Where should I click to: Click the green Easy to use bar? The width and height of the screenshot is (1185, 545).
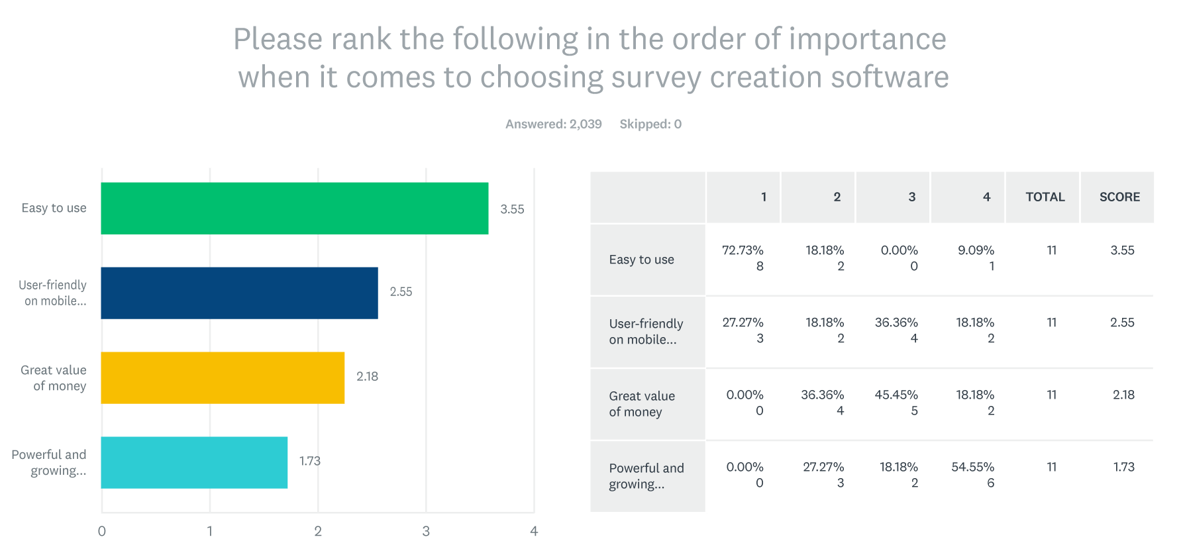[295, 208]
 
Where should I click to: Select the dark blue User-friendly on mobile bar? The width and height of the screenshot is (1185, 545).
[239, 293]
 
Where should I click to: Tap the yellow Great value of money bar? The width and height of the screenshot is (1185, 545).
[223, 377]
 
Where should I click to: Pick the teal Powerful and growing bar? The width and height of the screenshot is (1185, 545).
[194, 462]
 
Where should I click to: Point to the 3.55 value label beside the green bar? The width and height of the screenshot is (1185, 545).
[512, 209]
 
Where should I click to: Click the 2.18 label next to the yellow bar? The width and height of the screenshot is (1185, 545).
[367, 376]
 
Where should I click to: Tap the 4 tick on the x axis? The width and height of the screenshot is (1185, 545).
[534, 531]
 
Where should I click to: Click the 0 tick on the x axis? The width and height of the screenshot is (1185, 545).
[101, 531]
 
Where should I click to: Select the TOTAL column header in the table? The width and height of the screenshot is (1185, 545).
[1045, 197]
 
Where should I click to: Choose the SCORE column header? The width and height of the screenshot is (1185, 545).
[1119, 197]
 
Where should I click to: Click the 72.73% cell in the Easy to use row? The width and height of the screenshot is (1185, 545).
[743, 251]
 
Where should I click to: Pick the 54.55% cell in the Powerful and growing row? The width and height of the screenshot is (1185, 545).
[972, 468]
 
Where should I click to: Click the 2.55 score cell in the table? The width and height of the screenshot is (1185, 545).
[1122, 322]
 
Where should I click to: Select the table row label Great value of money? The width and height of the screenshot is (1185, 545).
[641, 404]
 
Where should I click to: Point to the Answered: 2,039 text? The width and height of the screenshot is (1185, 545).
[553, 124]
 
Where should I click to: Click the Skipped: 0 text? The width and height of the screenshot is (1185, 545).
[650, 124]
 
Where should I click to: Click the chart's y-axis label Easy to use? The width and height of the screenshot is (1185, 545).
[54, 208]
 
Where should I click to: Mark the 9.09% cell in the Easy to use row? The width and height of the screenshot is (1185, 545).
[975, 251]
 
